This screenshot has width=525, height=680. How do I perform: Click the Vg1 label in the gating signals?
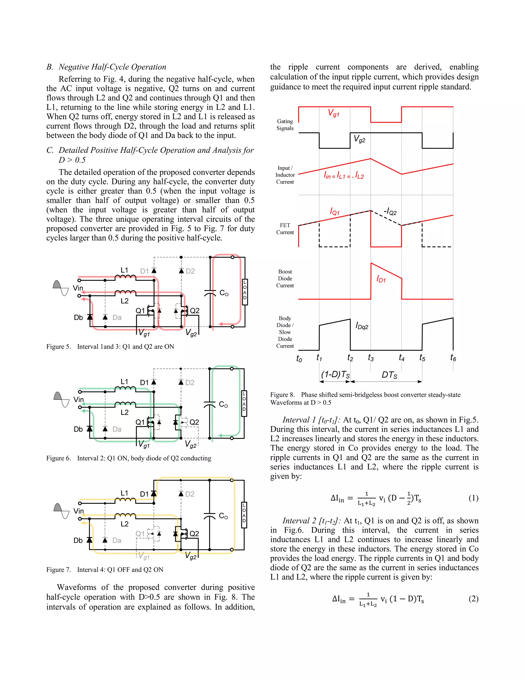pos(334,113)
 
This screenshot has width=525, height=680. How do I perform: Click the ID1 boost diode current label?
pos(381,279)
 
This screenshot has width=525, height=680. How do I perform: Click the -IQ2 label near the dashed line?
pos(390,212)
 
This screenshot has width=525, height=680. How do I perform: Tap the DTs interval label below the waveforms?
pos(389,375)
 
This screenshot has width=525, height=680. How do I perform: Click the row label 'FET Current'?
pos(285,229)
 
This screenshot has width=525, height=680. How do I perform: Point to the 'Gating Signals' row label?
pos(285,124)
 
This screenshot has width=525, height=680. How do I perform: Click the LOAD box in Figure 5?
pos(245,292)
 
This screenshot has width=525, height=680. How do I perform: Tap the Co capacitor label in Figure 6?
pos(223,404)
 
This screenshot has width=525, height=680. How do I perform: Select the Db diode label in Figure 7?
pos(78,540)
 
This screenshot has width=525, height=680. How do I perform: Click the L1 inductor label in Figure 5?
pos(124,270)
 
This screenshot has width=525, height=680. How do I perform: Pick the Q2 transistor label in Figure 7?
pos(194,533)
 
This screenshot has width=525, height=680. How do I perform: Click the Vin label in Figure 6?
pos(78,400)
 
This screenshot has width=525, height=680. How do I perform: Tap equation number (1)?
pos(473,498)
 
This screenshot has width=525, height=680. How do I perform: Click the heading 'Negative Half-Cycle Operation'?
pos(112,67)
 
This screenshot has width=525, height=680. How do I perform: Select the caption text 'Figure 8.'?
pos(282,395)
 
